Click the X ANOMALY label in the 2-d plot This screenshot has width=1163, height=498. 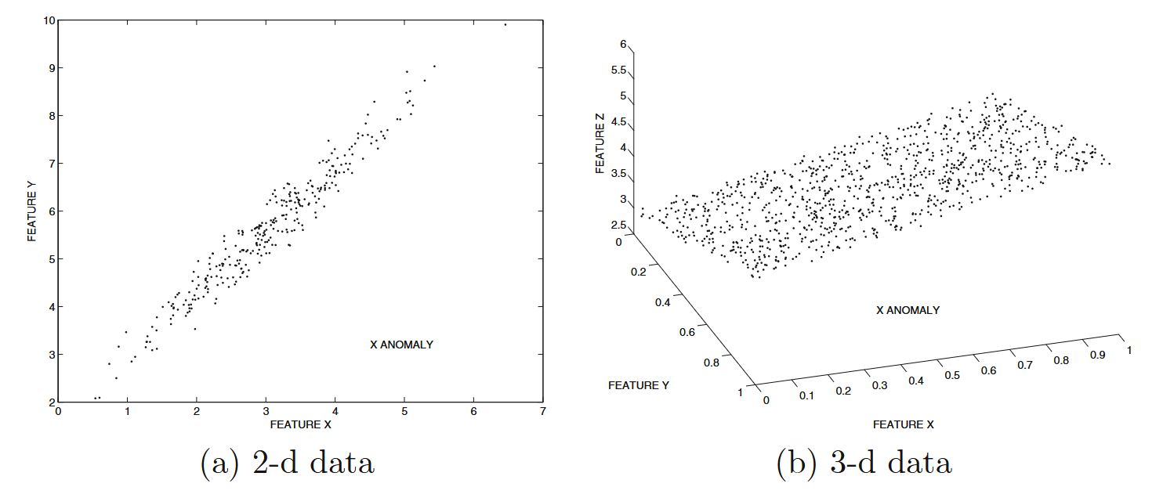(401, 345)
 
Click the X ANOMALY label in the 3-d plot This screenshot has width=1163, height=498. (908, 310)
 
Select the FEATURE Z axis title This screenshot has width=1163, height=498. (600, 142)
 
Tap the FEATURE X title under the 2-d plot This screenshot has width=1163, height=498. (300, 424)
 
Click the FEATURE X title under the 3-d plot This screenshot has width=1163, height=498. (903, 424)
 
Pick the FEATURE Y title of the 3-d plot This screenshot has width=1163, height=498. (639, 385)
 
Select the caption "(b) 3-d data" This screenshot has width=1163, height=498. (864, 464)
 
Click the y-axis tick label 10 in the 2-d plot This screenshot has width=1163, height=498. (48, 20)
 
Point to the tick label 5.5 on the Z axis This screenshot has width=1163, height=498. (618, 70)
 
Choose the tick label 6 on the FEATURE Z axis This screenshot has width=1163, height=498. (623, 45)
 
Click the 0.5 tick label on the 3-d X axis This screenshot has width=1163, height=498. (952, 376)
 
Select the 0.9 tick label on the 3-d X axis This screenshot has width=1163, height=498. (1098, 355)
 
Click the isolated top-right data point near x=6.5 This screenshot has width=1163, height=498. (505, 24)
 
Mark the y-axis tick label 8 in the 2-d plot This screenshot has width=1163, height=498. (51, 116)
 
